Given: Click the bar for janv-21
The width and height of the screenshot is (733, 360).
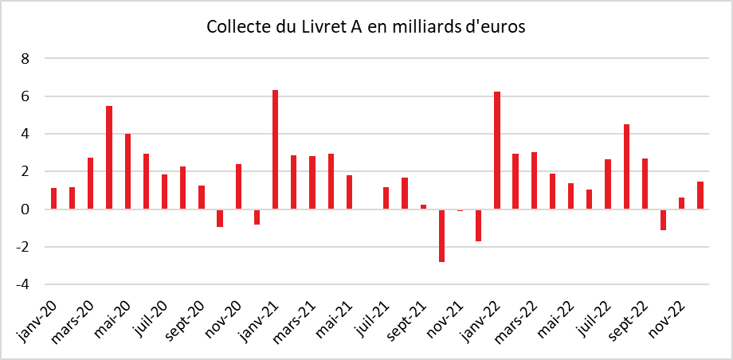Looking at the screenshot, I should (275, 150).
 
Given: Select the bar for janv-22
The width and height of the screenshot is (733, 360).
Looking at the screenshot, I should (497, 151).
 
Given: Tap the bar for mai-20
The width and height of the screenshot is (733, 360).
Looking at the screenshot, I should (127, 171).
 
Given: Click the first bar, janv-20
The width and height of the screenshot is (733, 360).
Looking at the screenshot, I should (53, 198).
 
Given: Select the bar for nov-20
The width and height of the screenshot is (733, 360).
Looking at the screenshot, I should (238, 186).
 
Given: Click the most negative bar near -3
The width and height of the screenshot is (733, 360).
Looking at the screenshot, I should (441, 235).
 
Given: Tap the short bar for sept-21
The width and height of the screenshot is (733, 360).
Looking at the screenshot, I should (423, 207).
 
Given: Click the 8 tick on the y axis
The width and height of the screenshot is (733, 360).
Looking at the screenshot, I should (25, 59).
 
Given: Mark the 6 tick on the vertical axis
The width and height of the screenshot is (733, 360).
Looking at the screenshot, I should (25, 96).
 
